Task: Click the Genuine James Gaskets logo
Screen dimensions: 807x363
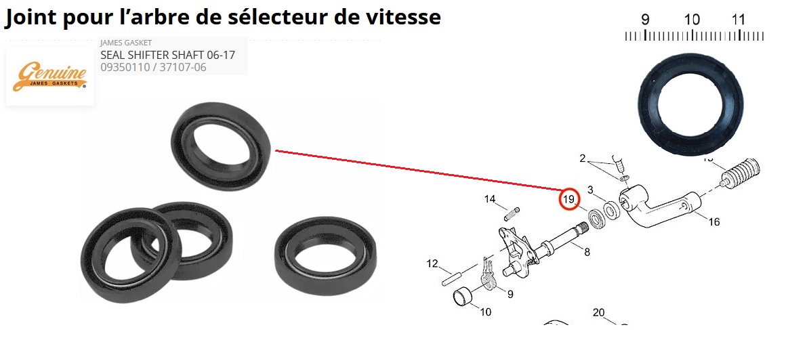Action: [50, 77]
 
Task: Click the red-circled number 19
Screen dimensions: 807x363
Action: [569, 200]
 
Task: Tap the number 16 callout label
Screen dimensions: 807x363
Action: [714, 221]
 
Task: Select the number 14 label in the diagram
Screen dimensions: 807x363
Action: [490, 199]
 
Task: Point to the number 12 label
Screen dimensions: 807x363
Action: [432, 263]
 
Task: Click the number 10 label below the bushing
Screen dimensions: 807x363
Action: [485, 312]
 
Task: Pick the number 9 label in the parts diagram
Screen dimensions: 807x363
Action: [510, 294]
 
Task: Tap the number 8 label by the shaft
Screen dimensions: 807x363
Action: [587, 252]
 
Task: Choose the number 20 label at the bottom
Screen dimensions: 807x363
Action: [598, 313]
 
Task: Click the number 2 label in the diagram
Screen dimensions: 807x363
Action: [583, 158]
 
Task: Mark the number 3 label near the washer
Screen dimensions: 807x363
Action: [590, 190]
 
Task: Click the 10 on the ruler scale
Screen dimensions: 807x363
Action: [692, 20]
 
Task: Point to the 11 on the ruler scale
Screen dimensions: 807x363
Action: [738, 20]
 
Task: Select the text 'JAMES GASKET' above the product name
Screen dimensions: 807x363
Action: [126, 43]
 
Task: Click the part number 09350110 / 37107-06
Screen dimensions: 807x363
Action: [153, 67]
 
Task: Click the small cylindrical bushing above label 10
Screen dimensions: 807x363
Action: [463, 297]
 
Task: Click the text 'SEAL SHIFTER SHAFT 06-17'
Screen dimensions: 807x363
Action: [168, 55]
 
